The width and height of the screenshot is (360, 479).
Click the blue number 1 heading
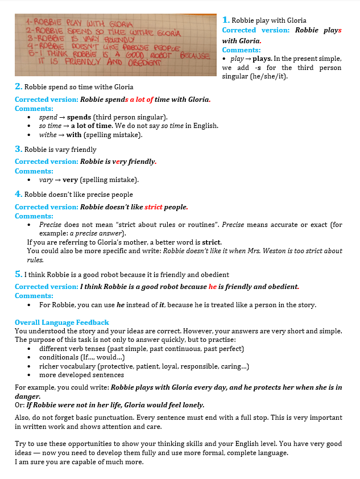tap(225, 20)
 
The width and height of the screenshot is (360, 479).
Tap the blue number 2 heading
tap(19, 86)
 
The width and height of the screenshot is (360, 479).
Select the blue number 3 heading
tap(19, 149)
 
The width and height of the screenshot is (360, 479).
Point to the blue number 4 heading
tap(19, 195)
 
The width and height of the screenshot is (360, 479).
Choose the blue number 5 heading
tap(19, 275)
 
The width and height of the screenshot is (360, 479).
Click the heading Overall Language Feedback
tap(62, 323)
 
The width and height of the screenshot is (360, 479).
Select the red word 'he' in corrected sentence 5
tap(213, 287)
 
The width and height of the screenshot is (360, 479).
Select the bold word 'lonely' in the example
tap(190, 405)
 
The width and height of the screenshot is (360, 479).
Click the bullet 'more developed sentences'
tap(81, 375)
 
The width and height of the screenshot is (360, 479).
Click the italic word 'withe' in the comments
tap(47, 135)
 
